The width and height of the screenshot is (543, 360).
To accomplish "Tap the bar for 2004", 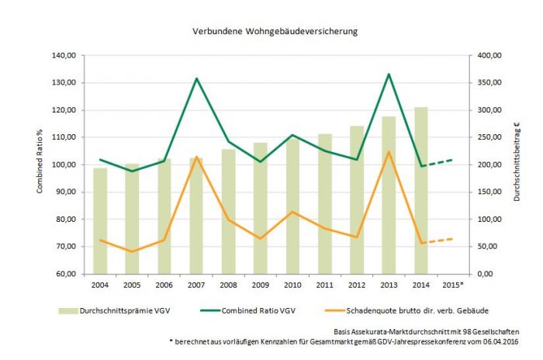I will tap(100, 221).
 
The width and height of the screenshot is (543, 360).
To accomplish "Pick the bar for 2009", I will tap(261, 208).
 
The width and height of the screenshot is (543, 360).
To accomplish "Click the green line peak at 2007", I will tap(196, 78).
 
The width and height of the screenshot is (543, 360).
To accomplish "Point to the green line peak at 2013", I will tap(389, 74).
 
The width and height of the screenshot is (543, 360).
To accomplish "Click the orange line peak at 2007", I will tap(196, 157).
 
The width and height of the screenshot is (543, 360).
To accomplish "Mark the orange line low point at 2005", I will tap(133, 251).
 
